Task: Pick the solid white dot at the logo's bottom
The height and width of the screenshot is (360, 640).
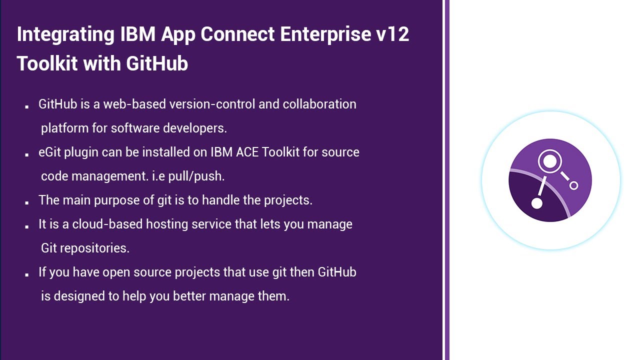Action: (x=536, y=203)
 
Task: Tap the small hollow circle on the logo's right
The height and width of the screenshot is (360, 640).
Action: (x=573, y=185)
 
